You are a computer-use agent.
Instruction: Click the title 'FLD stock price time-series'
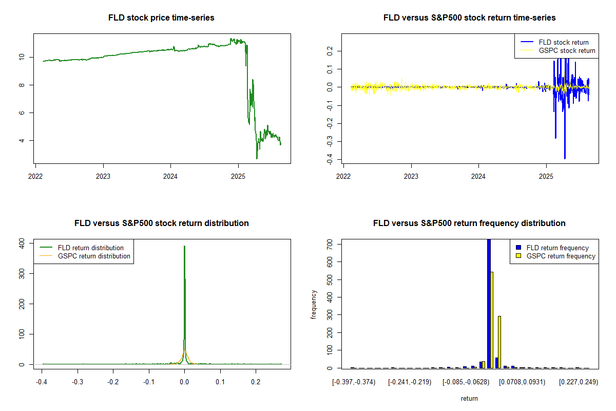coord(161,18)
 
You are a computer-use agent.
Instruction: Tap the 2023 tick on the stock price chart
coord(103,174)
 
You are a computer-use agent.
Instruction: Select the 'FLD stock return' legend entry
coord(563,42)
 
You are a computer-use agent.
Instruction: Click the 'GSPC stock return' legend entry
coord(567,50)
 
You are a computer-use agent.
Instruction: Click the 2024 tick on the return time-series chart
coord(478,174)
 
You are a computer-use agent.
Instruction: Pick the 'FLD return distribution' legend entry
coord(90,248)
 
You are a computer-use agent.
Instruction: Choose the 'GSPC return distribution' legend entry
coord(94,256)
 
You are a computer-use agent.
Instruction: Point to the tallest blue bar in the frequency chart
coord(489,303)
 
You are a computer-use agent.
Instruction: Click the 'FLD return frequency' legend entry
coord(557,248)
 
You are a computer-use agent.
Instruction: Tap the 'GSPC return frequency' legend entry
coord(561,256)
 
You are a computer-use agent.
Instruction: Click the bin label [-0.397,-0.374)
coord(354,382)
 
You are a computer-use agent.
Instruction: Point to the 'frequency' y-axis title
coord(314,305)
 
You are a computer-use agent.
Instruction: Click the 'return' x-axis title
coord(469,399)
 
